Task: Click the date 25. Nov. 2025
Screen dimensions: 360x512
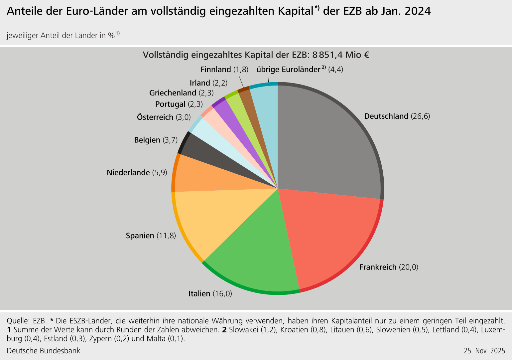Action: (x=484, y=351)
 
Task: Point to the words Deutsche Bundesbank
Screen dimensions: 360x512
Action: (x=44, y=351)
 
